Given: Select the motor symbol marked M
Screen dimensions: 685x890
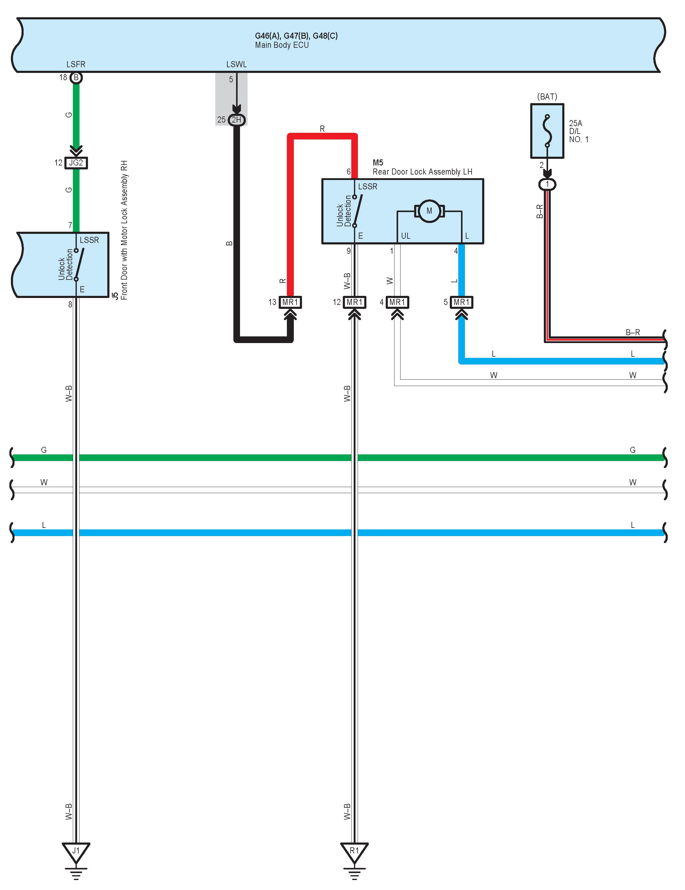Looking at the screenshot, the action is click(x=429, y=211).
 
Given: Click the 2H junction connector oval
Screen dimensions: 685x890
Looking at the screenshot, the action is click(x=236, y=120).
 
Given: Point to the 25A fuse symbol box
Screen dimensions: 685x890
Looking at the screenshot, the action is click(x=547, y=131).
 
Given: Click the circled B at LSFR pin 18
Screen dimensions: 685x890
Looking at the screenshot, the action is click(x=76, y=77).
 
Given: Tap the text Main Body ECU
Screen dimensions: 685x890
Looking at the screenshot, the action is click(x=282, y=45).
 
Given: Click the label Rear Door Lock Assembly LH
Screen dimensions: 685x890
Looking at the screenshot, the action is click(x=422, y=172).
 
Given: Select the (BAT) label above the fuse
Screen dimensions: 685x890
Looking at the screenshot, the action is click(x=547, y=97).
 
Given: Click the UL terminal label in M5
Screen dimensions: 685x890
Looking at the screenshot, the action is click(x=406, y=236).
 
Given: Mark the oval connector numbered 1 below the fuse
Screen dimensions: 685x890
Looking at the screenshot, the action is click(x=547, y=185).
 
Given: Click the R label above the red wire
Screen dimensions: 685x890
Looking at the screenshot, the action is click(x=322, y=129).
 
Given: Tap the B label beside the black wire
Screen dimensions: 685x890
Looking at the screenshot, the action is click(x=229, y=243).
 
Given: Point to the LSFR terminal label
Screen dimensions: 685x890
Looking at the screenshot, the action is click(x=76, y=64).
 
